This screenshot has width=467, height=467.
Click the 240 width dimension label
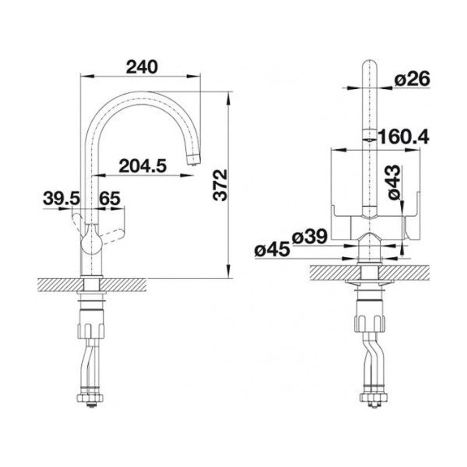[x=142, y=67]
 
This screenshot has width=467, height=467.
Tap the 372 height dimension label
[x=220, y=185]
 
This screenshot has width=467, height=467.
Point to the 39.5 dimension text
[x=62, y=198]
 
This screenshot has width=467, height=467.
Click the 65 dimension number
[x=110, y=198]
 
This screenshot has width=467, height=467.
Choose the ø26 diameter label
[x=412, y=79]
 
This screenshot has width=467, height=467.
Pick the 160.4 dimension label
[x=403, y=137]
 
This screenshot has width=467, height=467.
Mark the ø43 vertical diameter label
[x=394, y=182]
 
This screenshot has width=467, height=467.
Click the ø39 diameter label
[x=310, y=237]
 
